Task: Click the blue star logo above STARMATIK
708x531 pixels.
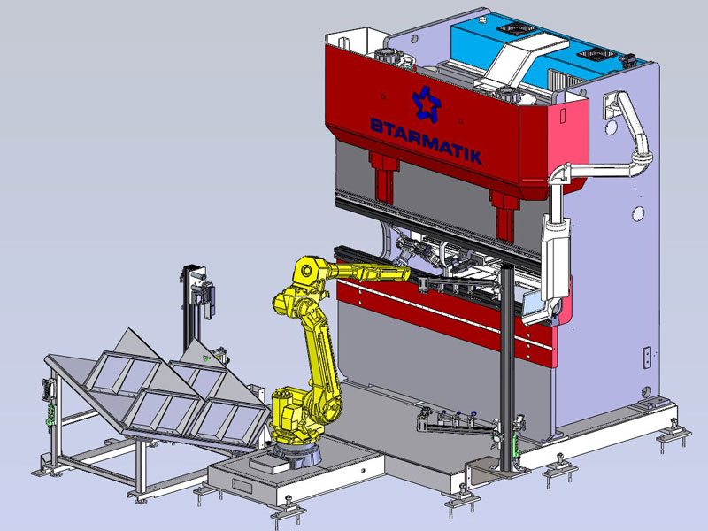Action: [426, 104]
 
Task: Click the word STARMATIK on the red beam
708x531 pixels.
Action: [427, 141]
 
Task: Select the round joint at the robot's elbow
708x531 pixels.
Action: [306, 271]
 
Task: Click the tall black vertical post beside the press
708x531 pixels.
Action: [507, 366]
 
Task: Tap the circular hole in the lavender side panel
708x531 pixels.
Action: [638, 213]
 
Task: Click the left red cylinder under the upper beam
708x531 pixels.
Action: [384, 178]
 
